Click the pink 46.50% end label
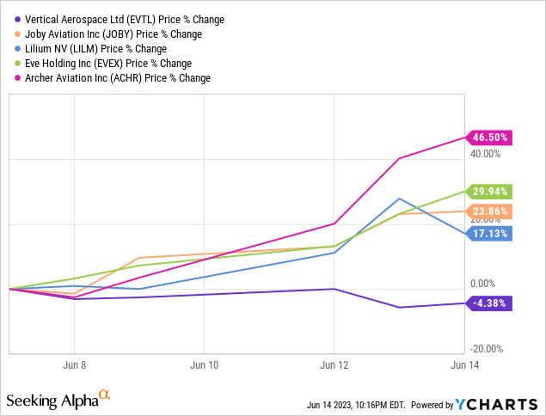click(x=491, y=137)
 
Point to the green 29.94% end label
click(x=491, y=192)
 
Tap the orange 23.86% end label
click(x=491, y=211)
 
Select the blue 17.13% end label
click(x=491, y=233)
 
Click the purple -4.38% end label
click(x=491, y=303)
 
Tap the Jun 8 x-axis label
click(x=74, y=364)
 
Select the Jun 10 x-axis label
click(x=205, y=364)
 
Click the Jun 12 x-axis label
click(x=334, y=364)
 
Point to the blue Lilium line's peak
click(x=400, y=199)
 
